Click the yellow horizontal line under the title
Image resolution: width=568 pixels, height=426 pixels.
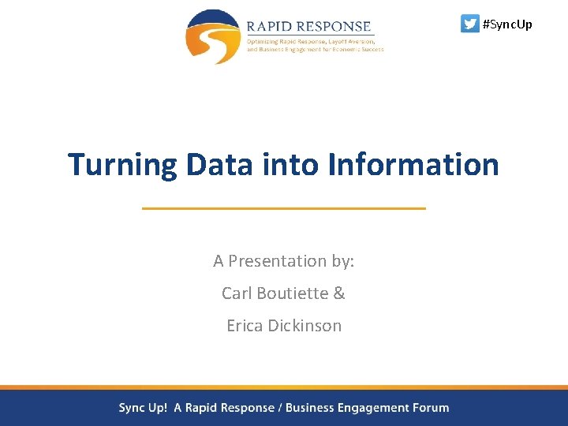(x=283, y=208)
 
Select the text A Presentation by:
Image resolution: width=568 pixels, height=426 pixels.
(x=283, y=261)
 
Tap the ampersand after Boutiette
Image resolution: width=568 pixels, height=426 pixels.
(x=339, y=293)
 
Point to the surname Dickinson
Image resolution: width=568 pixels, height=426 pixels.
(x=307, y=326)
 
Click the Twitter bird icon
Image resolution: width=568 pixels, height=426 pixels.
(x=469, y=24)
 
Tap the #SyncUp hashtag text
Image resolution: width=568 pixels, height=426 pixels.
(x=507, y=24)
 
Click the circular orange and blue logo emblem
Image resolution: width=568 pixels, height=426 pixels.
(x=212, y=36)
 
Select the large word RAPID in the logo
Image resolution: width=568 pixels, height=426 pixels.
(x=271, y=26)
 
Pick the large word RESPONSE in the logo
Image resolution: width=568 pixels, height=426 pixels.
(x=336, y=26)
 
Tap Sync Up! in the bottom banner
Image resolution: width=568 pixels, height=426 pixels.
(x=143, y=408)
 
